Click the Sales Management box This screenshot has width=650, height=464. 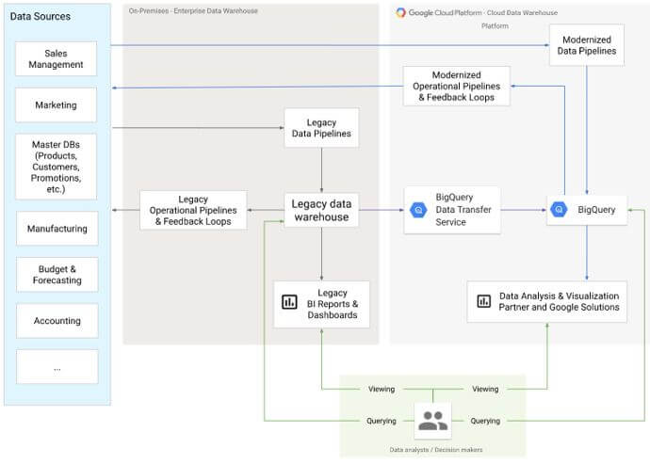[57, 58]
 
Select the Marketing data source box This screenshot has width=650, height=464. [57, 105]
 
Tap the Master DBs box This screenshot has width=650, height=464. [57, 166]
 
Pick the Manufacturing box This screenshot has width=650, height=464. [57, 229]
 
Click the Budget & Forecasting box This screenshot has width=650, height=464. [57, 274]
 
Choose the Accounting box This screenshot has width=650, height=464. [57, 321]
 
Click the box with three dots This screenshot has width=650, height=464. [57, 367]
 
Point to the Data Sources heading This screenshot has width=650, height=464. [41, 17]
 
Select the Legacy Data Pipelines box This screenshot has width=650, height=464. [321, 128]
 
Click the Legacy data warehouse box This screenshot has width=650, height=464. [321, 210]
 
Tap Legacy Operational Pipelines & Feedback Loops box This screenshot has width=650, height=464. [193, 210]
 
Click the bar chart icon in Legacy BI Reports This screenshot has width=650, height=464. [290, 303]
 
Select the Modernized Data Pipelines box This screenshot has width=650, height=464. [587, 44]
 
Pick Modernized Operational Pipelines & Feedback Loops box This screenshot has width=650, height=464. [456, 86]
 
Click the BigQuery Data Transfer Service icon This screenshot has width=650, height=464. [420, 210]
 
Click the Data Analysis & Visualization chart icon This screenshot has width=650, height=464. [483, 301]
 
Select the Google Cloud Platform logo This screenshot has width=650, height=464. [401, 12]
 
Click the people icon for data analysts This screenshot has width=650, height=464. [432, 421]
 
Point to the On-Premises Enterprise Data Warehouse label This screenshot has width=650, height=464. [193, 11]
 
